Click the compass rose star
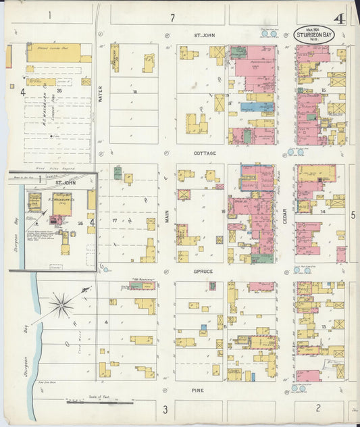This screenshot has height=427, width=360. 61,306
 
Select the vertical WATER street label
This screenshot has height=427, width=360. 101,96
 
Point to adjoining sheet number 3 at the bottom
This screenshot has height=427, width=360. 164,409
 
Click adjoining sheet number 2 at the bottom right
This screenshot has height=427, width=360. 317,409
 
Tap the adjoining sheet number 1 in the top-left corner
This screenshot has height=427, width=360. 49,14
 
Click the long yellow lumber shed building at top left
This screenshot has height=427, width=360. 54,49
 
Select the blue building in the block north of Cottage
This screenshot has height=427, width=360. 248,106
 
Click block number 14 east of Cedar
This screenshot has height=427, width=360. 323,211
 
